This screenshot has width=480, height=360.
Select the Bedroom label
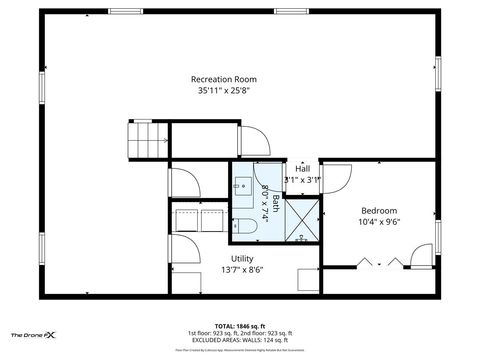click(379, 210)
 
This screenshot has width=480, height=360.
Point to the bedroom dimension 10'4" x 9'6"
click(379, 223)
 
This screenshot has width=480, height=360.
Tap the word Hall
click(302, 168)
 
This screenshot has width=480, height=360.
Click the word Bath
click(277, 203)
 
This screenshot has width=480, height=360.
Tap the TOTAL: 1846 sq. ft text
click(238, 325)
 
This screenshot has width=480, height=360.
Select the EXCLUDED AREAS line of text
click(238, 340)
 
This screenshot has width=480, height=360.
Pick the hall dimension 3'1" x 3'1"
click(302, 180)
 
